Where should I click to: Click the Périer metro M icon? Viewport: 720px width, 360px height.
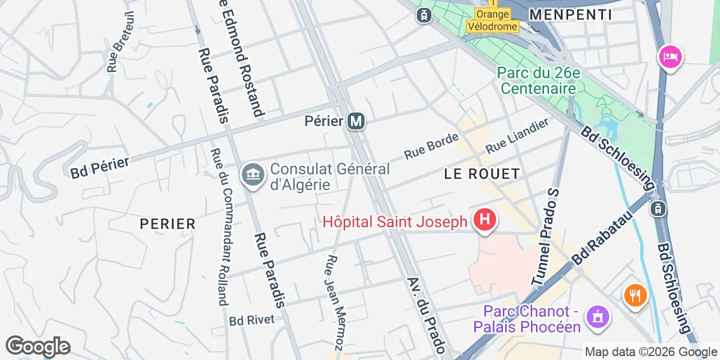coord(355,121)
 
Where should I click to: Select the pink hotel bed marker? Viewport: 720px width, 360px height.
coord(670,57)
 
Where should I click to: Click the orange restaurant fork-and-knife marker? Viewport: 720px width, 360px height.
coord(635,295)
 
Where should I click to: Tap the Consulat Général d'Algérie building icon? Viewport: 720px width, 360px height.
coord(253,174)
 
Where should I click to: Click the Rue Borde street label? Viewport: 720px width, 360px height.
coord(431,146)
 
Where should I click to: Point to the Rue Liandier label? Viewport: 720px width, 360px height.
coord(517,136)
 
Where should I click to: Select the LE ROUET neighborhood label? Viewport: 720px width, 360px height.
coord(481,174)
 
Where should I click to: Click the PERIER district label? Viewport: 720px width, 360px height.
coord(168,224)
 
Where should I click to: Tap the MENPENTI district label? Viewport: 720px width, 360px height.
coord(570,15)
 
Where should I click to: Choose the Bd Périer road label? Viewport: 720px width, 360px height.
coord(100,168)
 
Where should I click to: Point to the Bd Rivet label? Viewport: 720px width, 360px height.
coord(251,320)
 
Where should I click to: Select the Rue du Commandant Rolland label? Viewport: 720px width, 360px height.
coord(219,227)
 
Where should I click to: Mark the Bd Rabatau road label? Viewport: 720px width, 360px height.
coord(604,238)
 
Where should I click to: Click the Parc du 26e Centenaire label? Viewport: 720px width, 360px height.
coord(538,80)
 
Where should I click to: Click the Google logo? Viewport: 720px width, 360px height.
coord(38,346)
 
